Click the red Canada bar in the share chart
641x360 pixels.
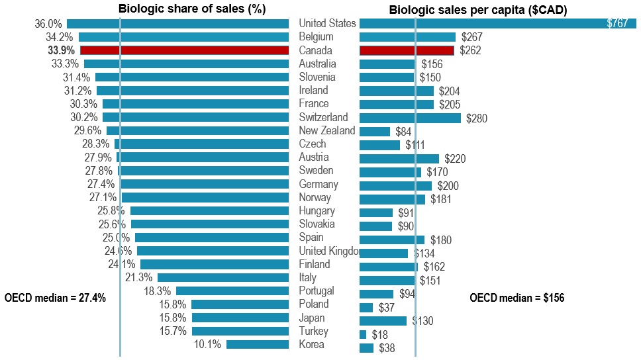[184, 50]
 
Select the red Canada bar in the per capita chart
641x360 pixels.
[407, 50]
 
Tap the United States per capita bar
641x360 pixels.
[497, 23]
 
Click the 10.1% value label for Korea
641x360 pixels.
[208, 345]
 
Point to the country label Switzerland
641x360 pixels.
[323, 117]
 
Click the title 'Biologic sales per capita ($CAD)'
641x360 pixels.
[482, 10]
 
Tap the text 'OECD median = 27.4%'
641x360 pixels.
[55, 298]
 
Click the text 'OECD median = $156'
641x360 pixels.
[517, 298]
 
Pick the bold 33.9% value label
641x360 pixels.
[62, 50]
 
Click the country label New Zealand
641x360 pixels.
[327, 130]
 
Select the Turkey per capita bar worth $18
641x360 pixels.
[363, 335]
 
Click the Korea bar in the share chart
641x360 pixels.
[258, 344]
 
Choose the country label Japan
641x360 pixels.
[313, 318]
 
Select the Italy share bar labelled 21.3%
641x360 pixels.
[223, 277]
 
